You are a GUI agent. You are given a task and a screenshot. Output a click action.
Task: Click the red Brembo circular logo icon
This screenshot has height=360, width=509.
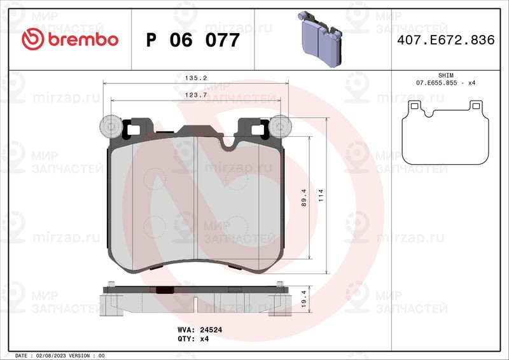pyautogui.click(x=33, y=39)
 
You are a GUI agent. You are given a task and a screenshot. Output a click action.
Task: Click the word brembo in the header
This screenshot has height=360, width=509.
pyautogui.click(x=83, y=39)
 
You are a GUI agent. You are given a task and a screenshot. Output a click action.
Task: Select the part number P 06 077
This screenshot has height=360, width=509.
pyautogui.click(x=193, y=40)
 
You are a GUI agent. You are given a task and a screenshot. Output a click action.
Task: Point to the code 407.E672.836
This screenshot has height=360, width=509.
pyautogui.click(x=446, y=39)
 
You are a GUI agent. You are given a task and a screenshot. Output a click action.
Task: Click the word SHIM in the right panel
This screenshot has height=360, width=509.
pyautogui.click(x=446, y=75)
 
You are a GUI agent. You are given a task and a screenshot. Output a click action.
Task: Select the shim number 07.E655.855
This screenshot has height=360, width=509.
pyautogui.click(x=436, y=83)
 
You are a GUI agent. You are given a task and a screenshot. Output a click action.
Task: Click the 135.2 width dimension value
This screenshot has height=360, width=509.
pyautogui.click(x=196, y=78)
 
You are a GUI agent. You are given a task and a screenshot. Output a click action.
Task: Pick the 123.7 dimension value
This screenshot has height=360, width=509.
pyautogui.click(x=196, y=95)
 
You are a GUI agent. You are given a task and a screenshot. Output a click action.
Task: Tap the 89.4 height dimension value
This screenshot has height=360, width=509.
pyautogui.click(x=304, y=198)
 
